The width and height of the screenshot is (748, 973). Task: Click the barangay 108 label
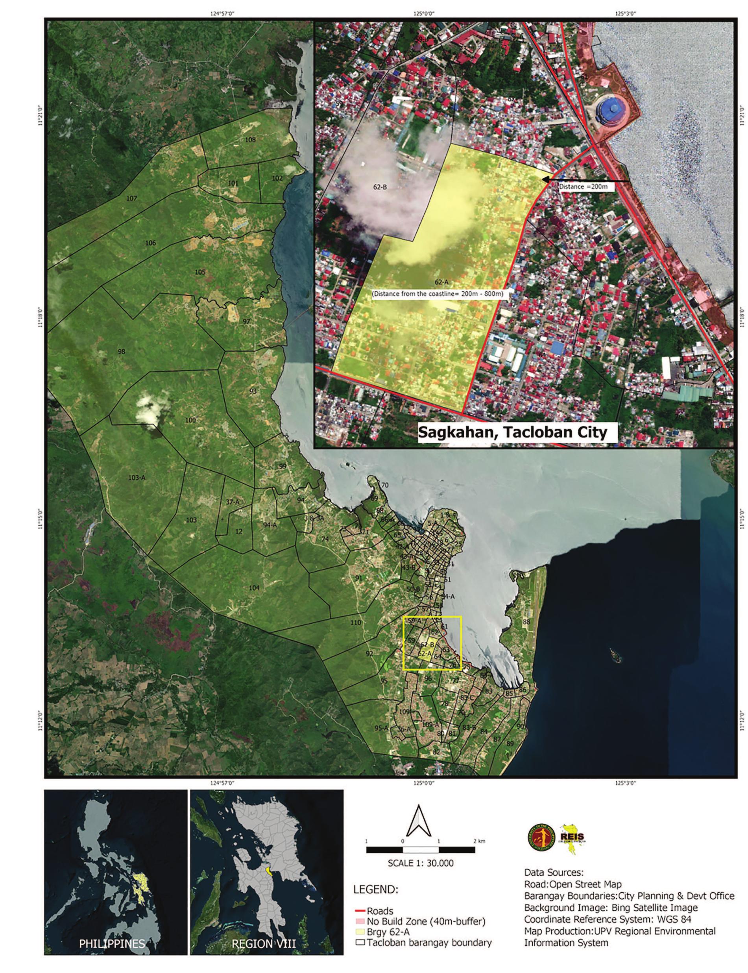point(251,139)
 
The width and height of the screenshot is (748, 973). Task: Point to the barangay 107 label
point(131,198)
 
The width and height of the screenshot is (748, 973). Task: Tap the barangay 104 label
point(254,588)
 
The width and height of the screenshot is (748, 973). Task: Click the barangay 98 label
point(121,352)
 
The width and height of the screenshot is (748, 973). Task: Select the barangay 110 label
point(355,623)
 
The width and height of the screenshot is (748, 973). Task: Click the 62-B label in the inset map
point(380,187)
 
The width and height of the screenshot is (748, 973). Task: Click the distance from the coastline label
point(438,294)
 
